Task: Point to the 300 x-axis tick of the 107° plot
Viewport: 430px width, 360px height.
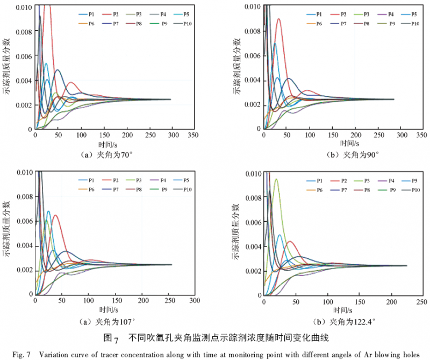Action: pyautogui.click(x=194, y=300)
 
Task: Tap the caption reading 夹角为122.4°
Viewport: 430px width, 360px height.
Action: pyautogui.click(x=352, y=322)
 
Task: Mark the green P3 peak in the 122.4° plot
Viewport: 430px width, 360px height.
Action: pyautogui.click(x=276, y=179)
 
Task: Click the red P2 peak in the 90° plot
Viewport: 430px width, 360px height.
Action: pyautogui.click(x=278, y=19)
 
